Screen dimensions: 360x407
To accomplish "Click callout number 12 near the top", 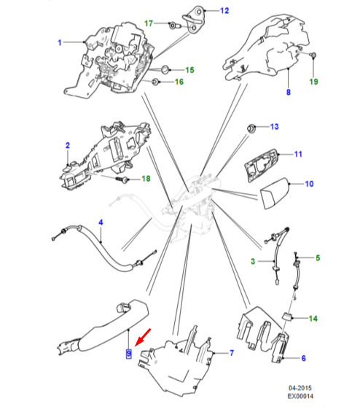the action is click(x=224, y=11).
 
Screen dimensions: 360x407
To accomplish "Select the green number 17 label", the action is click(x=149, y=23).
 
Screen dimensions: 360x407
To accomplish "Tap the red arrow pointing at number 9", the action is click(x=142, y=338).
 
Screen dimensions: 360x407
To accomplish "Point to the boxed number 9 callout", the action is click(x=129, y=354).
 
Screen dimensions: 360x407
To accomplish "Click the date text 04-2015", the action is click(x=300, y=388).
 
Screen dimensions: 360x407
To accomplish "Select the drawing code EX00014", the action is click(x=300, y=396).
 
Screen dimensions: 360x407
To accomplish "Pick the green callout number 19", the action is click(x=313, y=82).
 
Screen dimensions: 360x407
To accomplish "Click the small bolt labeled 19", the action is click(x=313, y=55).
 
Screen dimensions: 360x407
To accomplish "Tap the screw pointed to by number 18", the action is click(x=122, y=179).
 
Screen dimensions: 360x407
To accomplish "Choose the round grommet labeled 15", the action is click(x=165, y=69).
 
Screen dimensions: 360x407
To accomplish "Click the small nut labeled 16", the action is click(x=156, y=82).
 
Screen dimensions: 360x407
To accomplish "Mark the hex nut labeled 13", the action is click(x=251, y=128).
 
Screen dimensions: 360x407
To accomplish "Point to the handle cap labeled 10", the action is click(x=275, y=193).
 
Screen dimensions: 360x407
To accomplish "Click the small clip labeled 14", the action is click(x=287, y=317).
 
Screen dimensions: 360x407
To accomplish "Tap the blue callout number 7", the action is click(x=232, y=353).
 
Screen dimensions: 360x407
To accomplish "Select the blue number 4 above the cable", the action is click(x=101, y=222).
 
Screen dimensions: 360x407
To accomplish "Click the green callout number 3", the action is click(x=253, y=261).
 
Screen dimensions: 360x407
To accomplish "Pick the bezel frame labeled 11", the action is click(x=261, y=165).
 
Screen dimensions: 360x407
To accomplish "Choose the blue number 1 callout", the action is click(x=60, y=42).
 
